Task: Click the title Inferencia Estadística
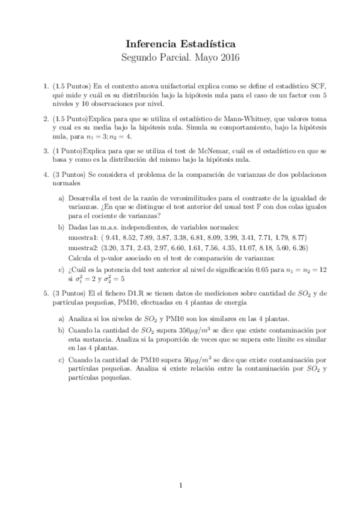[180, 44]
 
